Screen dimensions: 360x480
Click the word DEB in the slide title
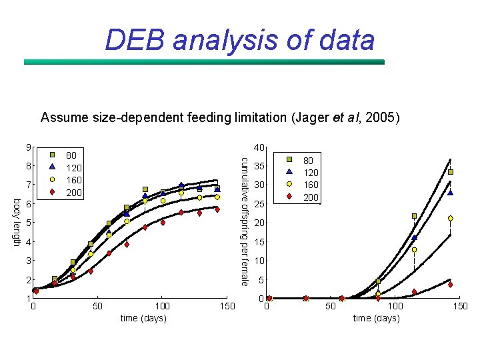pos(135,40)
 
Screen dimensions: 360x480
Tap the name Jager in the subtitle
pos(311,118)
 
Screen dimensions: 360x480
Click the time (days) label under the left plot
pos(143,318)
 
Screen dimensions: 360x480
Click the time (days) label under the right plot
pos(376,318)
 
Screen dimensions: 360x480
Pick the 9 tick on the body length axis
pos(28,147)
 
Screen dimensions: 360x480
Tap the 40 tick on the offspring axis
pos(259,147)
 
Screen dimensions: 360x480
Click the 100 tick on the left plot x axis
pos(161,306)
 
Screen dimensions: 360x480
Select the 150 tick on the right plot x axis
pos(460,306)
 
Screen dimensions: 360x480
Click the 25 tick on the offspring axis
pos(259,204)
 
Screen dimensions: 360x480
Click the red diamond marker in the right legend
pos(289,196)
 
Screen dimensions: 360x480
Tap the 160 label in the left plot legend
pos(73,180)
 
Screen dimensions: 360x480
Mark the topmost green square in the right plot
pos(451,172)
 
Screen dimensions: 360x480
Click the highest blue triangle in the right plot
pos(451,193)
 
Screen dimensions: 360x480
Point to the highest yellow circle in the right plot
pos(451,218)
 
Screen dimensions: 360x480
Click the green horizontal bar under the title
pos(204,62)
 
